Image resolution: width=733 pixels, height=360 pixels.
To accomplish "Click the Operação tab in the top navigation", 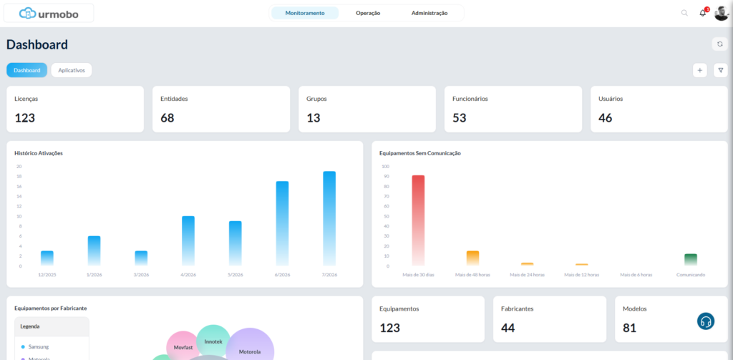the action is tap(368, 13).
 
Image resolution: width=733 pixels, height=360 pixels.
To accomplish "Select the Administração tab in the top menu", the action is tap(429, 13).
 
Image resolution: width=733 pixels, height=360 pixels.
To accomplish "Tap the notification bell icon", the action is tap(703, 13).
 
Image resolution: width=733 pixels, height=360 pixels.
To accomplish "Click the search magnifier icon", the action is tap(684, 13).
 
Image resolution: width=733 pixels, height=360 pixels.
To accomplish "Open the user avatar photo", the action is tap(722, 13).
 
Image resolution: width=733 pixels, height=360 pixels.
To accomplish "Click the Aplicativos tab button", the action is tap(72, 70).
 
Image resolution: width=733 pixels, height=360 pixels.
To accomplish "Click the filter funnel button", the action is tap(720, 70).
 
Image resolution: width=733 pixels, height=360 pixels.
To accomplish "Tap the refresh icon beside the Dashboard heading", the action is tap(720, 44).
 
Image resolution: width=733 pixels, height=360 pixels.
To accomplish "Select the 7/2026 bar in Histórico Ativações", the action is tap(329, 218).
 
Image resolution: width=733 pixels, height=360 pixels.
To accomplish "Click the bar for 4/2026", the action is tap(188, 240).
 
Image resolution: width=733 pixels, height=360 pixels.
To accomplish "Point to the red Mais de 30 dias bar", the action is tap(418, 220).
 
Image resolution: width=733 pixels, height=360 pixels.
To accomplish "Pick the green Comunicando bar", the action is tap(691, 260).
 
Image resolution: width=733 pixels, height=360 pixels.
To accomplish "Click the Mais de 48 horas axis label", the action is tap(472, 275).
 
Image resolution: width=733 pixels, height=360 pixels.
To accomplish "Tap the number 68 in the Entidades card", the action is tap(168, 118).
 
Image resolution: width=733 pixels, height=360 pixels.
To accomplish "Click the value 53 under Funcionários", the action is tap(459, 118).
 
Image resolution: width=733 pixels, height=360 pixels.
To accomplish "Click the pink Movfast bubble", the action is tap(183, 347).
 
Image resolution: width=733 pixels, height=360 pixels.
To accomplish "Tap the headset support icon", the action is tap(706, 321).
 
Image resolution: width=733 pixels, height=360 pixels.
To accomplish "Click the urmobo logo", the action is tap(49, 14).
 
